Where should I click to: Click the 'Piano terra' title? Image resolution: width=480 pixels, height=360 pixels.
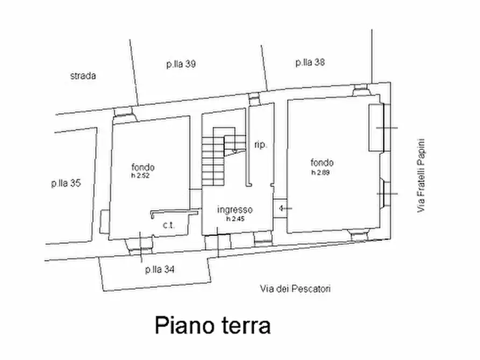(x=212, y=325)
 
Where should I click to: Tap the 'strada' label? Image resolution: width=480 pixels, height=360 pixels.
(x=83, y=76)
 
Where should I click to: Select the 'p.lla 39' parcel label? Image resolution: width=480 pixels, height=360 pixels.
(x=181, y=64)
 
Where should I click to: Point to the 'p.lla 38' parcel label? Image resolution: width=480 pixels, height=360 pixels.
(x=310, y=62)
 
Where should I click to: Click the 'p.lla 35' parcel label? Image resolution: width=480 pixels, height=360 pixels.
(x=66, y=184)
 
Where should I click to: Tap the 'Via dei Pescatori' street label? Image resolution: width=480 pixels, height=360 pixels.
(x=295, y=289)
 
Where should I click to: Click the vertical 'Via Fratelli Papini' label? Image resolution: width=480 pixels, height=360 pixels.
(x=421, y=176)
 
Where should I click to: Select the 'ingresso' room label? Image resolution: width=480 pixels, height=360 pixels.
(x=235, y=210)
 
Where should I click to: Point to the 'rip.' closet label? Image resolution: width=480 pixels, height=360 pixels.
(x=260, y=145)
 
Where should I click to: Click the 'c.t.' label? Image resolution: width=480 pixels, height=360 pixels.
(x=169, y=226)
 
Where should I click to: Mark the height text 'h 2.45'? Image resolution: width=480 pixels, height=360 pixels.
(x=235, y=219)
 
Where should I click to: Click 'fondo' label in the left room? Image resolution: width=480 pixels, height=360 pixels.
(x=142, y=167)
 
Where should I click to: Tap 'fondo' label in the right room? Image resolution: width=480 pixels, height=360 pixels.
(x=322, y=163)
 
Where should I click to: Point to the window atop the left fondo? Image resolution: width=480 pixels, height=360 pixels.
(x=125, y=111)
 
